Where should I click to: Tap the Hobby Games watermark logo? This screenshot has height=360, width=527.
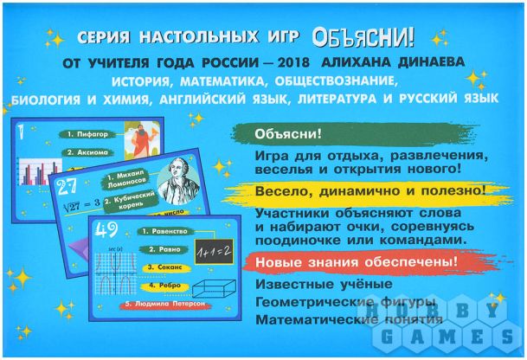pos(475,329)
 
